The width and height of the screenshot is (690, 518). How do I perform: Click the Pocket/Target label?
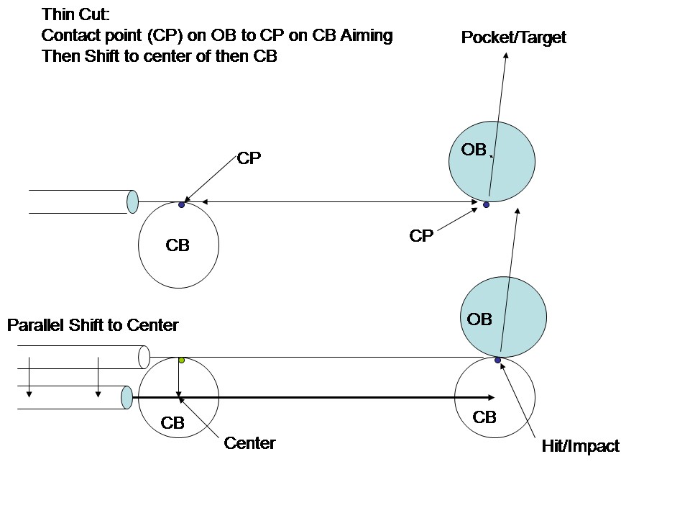coord(513,37)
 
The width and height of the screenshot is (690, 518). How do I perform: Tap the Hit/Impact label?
coord(580,446)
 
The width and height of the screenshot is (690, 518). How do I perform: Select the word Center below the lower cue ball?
coord(249,443)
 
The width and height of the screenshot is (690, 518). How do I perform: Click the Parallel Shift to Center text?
coord(93,325)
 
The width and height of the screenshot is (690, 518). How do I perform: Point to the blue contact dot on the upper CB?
coord(181,205)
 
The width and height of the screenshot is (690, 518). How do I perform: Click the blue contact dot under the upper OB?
coord(486,205)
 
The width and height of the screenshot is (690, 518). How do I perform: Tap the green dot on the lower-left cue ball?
coord(181,360)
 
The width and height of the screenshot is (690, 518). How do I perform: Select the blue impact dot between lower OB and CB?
coord(497,360)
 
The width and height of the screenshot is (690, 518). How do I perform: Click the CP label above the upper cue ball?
coord(249,159)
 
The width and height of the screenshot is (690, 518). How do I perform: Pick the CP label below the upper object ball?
coord(421,236)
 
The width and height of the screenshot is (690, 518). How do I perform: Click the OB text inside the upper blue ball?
coord(474,150)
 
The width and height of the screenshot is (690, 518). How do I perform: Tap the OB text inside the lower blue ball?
coord(479,319)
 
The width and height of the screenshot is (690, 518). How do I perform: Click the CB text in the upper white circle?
coord(178,245)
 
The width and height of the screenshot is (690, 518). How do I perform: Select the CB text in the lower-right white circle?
coord(484,417)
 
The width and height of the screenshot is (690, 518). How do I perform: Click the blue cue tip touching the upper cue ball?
coord(132,201)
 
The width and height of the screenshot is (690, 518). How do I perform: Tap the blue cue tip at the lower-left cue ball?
coord(127,397)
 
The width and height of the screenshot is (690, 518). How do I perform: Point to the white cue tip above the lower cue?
coord(144,357)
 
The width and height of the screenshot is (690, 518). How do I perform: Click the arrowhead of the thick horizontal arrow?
coord(491,397)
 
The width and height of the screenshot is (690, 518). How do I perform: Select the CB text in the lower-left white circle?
coord(172,423)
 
